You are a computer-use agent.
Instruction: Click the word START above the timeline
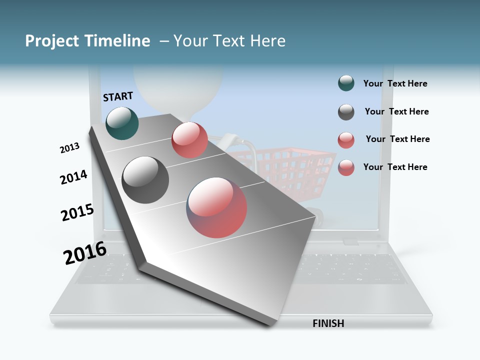coord(118,96)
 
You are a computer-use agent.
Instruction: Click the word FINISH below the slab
coord(328,323)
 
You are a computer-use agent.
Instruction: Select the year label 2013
coord(69,147)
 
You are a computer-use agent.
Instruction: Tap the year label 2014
coord(73,177)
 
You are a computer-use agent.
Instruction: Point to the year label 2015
coord(77,212)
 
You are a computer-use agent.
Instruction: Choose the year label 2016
coord(85,253)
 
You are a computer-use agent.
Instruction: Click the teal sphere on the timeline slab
coord(122,123)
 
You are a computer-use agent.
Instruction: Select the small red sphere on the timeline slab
coord(189,140)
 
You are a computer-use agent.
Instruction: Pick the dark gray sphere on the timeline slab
coord(145,180)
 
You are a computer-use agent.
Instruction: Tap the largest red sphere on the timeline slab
coord(217,207)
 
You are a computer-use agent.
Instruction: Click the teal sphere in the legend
coord(346,83)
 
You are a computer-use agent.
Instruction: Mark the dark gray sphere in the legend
coord(346,112)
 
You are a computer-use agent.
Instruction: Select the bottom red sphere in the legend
coord(346,167)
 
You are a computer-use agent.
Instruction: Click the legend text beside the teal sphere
coord(395,84)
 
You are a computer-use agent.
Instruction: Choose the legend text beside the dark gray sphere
coord(396,111)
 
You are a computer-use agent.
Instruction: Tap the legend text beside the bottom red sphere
coord(395,167)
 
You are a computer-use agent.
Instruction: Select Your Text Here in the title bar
coord(229,41)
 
